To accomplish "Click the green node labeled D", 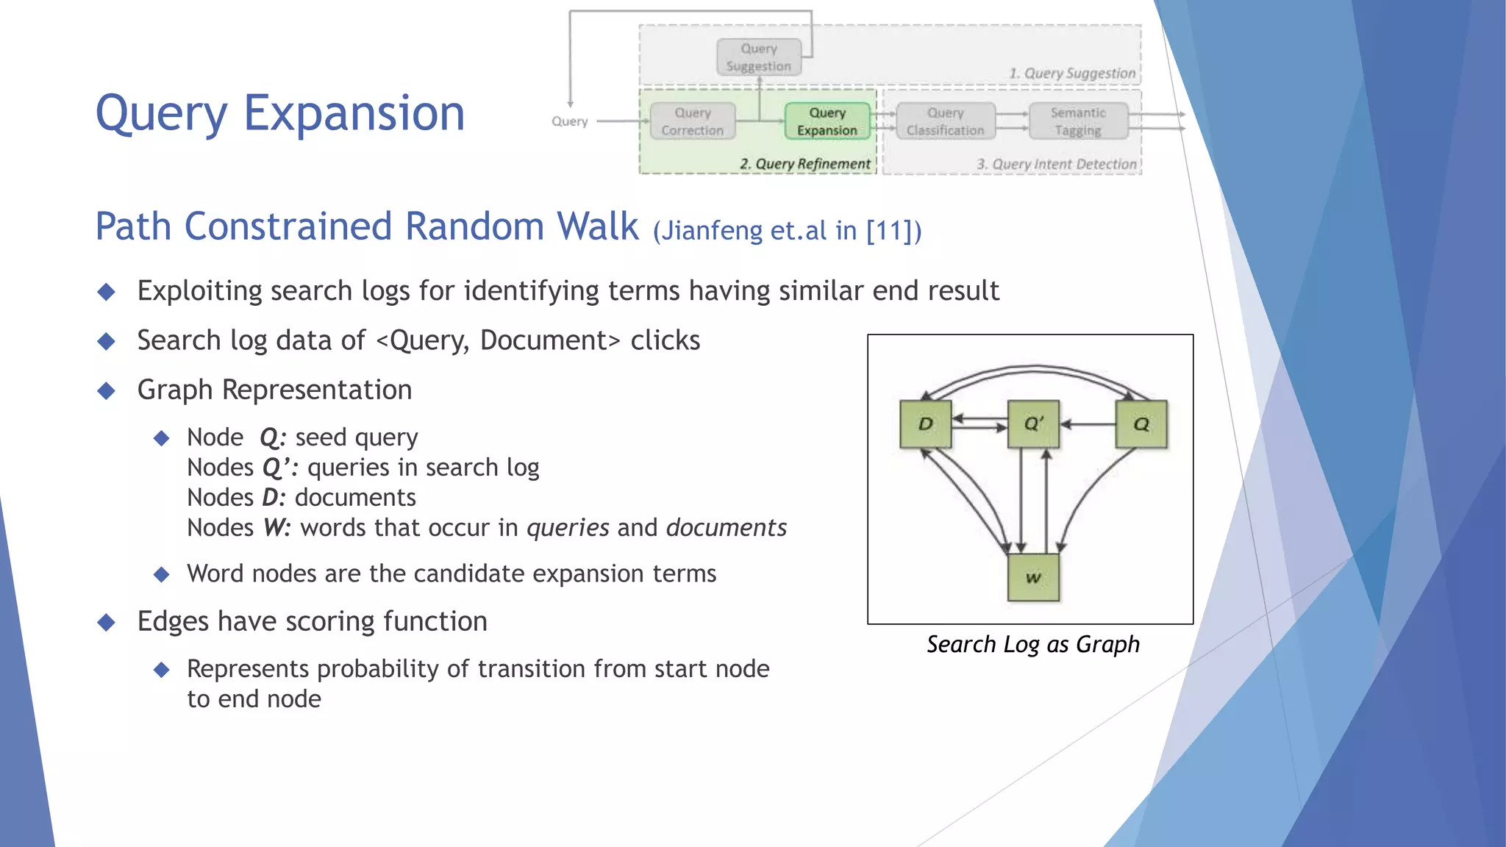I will [x=925, y=424].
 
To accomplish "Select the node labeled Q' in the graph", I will [x=1033, y=424].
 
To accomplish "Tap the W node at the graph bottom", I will [x=1033, y=578].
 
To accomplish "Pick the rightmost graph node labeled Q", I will [x=1141, y=424].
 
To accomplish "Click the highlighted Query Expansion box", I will [x=827, y=121].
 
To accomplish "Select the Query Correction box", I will [x=692, y=121].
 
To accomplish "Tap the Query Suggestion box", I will [x=759, y=57].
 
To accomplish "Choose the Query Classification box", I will [x=945, y=121].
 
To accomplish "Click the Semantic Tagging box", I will [x=1078, y=121].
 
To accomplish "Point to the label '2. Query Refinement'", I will [x=804, y=164].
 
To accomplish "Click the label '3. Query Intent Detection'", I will [x=1056, y=164].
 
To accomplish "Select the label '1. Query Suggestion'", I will [x=1072, y=74].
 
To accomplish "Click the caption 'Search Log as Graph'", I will [x=1032, y=644].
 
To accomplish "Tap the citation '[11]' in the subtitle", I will [x=889, y=231].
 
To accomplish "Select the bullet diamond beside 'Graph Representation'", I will [x=107, y=390].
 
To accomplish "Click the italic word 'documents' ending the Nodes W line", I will [x=726, y=528].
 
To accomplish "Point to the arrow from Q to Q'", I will [x=1088, y=424].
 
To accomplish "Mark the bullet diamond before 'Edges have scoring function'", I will [x=107, y=622].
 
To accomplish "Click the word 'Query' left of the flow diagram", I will [x=570, y=121].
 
